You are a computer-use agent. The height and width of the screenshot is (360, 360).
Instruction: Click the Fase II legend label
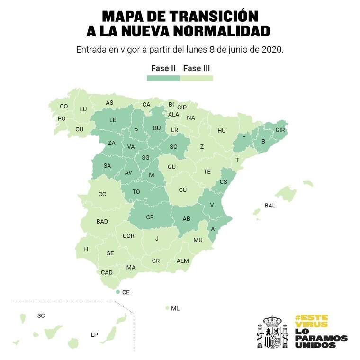(x=163, y=68)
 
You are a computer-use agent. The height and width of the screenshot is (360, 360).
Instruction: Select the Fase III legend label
(x=197, y=68)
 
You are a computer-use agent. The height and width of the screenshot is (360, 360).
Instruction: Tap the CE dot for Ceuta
(x=117, y=292)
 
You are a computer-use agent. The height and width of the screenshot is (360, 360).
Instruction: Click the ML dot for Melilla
(x=167, y=308)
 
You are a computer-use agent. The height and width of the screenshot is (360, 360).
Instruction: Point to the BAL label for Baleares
(x=270, y=206)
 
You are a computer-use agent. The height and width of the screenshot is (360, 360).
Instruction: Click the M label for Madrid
(x=152, y=175)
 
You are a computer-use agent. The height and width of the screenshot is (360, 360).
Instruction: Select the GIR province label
(x=280, y=130)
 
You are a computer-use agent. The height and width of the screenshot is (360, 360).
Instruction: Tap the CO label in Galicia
(x=64, y=106)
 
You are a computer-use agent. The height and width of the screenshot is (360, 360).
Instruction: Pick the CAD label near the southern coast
(x=107, y=272)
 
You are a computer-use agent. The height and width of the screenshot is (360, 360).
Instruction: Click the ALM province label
(x=182, y=261)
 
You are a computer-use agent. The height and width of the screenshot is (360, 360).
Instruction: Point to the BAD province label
(x=102, y=221)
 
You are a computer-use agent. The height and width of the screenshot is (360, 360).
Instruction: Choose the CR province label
(x=150, y=217)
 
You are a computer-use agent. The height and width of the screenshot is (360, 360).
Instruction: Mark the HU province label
(x=222, y=131)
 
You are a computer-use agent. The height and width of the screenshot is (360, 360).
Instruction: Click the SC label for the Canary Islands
(x=41, y=315)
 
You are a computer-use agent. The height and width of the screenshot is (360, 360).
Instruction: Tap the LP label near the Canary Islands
(x=94, y=335)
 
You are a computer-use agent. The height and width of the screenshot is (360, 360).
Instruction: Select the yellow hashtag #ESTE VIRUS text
(x=311, y=321)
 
